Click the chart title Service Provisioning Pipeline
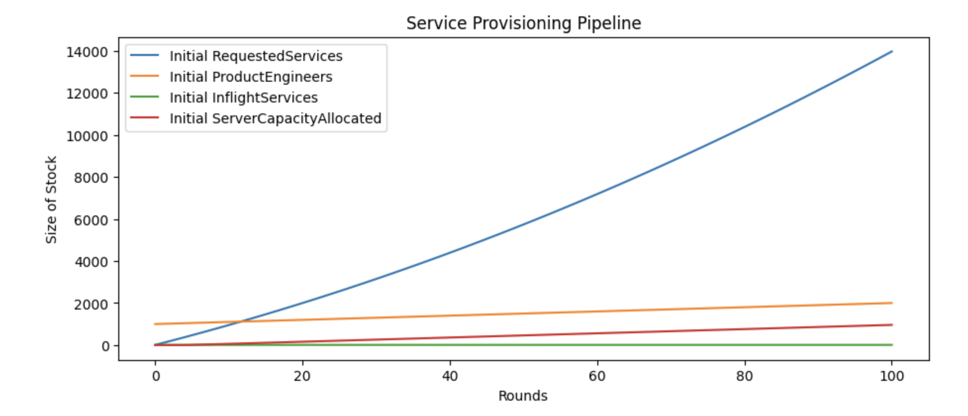[524, 23]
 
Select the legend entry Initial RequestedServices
[255, 56]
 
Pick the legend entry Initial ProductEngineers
[250, 77]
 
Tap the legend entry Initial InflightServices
[243, 98]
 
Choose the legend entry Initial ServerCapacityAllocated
[275, 118]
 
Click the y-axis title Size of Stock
[51, 200]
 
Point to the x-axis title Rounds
[523, 396]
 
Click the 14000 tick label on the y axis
[87, 52]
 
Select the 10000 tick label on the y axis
[87, 136]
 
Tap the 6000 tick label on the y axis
[91, 220]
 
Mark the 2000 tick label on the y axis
[91, 304]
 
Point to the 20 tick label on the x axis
[302, 376]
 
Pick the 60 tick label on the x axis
[597, 376]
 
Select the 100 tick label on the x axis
[892, 376]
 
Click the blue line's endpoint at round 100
[892, 52]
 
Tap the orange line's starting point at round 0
[155, 324]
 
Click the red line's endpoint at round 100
[892, 325]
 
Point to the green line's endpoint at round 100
[892, 345]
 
